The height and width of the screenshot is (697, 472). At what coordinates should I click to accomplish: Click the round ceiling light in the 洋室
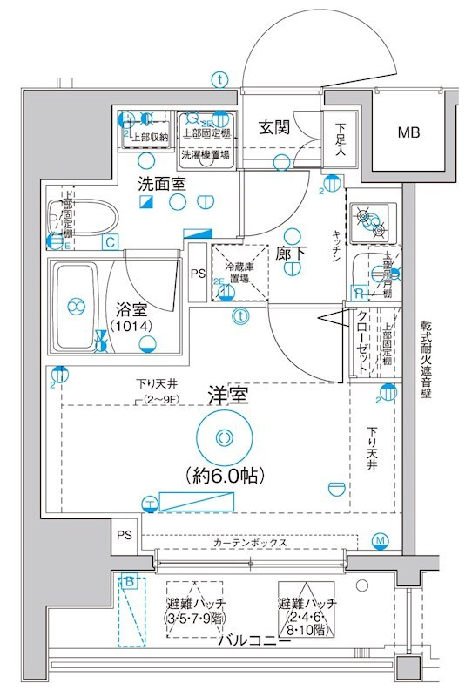[x=224, y=437]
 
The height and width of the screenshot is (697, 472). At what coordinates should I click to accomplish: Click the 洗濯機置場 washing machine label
[x=206, y=155]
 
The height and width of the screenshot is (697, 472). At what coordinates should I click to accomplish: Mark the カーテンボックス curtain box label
[x=250, y=542]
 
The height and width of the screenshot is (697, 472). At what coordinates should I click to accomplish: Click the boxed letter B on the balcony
[x=130, y=581]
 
